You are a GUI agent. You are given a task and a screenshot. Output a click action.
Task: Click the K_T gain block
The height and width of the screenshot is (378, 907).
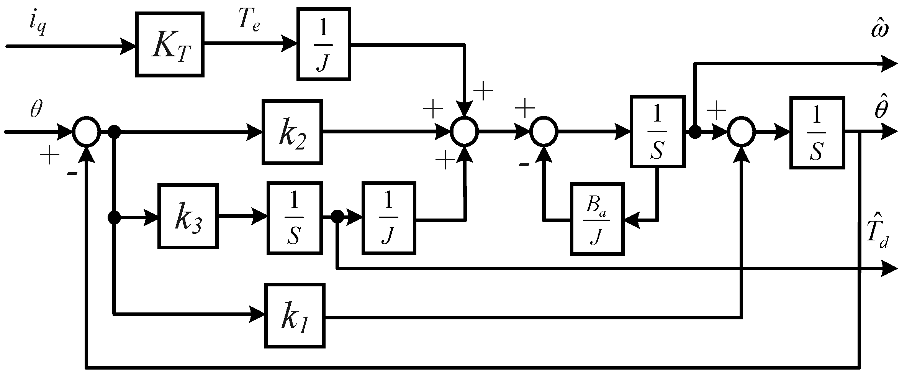(169, 44)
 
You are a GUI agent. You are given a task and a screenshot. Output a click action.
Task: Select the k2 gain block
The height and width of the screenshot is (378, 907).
(292, 131)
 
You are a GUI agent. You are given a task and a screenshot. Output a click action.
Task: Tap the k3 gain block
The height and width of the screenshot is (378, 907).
(188, 216)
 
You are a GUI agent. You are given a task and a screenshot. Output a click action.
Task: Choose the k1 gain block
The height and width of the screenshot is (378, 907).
(295, 316)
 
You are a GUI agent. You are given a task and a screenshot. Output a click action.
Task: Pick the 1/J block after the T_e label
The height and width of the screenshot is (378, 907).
(324, 44)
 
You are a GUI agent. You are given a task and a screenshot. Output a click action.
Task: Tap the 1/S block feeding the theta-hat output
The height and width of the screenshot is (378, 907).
(817, 132)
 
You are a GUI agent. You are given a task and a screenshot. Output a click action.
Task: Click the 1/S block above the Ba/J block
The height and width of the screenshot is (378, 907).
(657, 131)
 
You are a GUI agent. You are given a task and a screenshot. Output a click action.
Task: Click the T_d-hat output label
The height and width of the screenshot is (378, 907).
(876, 236)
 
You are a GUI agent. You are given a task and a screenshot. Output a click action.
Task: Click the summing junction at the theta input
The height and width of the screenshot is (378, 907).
(86, 131)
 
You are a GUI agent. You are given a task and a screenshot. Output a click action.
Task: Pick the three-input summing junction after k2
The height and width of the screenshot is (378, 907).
(464, 131)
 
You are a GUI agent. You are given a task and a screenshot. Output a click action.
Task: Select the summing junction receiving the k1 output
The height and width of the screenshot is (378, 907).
(742, 131)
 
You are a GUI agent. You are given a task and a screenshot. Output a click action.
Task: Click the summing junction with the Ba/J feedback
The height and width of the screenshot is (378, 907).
(544, 131)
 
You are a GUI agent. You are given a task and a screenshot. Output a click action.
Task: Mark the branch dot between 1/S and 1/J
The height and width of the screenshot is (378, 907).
(337, 217)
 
